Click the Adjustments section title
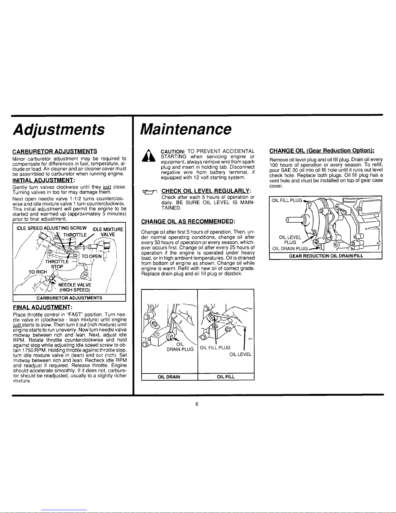(x=59, y=129)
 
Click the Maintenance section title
(x=186, y=129)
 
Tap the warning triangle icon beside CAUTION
(x=148, y=156)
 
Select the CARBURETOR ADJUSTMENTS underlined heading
(x=55, y=151)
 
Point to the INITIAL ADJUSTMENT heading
(x=44, y=180)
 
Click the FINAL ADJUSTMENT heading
(x=42, y=307)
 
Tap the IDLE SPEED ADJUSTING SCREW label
(x=52, y=228)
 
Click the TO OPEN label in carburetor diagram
(x=91, y=256)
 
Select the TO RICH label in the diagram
(x=38, y=272)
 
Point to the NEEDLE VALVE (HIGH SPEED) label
(x=75, y=287)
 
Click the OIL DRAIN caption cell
(x=169, y=377)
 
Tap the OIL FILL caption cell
(x=226, y=377)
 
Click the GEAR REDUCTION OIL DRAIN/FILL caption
(x=326, y=256)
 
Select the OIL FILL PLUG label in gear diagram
(x=287, y=200)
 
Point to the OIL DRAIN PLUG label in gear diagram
(x=290, y=249)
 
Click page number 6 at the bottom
(x=197, y=404)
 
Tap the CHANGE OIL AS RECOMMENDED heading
(x=188, y=221)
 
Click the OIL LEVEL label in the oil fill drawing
(x=241, y=354)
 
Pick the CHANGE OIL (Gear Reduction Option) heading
(x=322, y=151)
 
